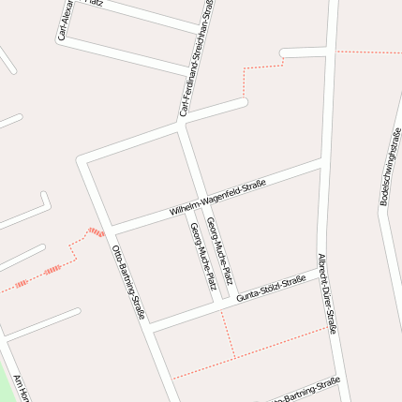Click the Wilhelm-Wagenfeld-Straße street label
(x=217, y=198)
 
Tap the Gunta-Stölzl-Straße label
(x=272, y=289)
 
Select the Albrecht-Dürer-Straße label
(x=327, y=293)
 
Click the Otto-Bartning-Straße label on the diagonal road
(x=127, y=281)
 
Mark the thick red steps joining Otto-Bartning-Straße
(x=95, y=231)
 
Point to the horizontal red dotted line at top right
(x=369, y=52)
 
